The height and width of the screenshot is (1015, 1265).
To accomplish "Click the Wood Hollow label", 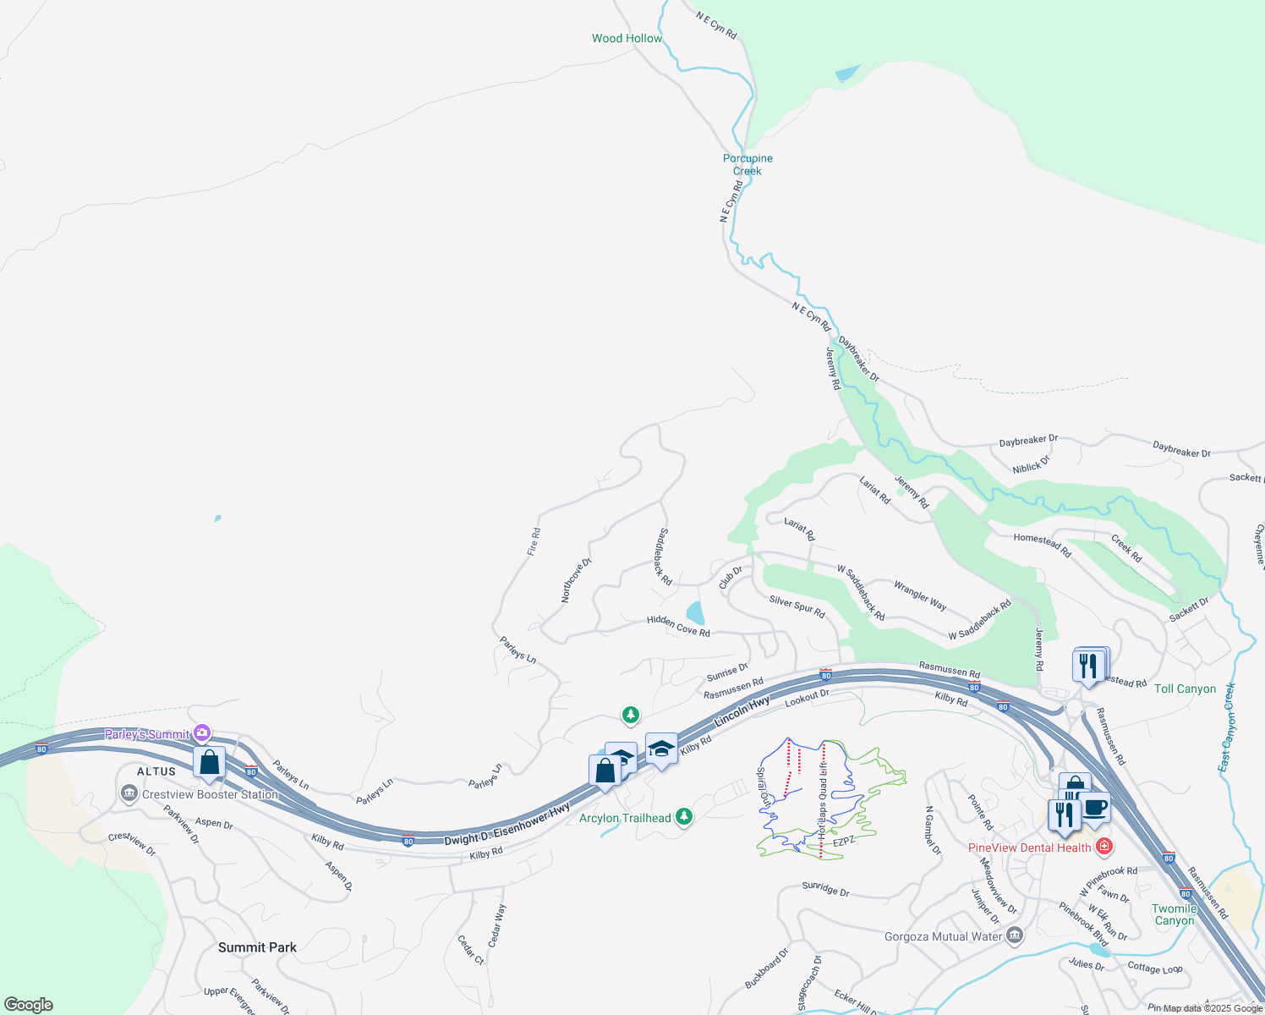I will [x=627, y=38].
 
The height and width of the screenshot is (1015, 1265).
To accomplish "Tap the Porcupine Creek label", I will [x=747, y=164].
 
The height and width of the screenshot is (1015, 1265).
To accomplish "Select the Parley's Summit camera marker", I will [x=202, y=732].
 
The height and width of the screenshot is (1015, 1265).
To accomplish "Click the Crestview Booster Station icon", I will [x=129, y=793].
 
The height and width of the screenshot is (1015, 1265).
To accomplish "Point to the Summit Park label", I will [x=257, y=947].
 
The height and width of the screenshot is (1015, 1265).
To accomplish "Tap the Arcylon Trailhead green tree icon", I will [x=684, y=817].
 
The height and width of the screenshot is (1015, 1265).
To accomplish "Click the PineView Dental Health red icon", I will [x=1103, y=846].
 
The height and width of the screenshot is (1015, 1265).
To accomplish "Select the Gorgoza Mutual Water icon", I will [x=1015, y=935].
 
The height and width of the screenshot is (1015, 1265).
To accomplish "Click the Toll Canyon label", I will [x=1185, y=689].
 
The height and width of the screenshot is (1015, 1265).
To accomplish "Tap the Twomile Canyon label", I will [x=1175, y=914].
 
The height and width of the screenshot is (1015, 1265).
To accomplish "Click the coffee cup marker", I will [x=1094, y=807].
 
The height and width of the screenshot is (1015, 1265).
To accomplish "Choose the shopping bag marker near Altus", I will [x=209, y=763].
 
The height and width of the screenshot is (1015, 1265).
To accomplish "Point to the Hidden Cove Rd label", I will [x=678, y=626].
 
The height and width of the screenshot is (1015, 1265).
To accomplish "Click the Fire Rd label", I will [x=534, y=541].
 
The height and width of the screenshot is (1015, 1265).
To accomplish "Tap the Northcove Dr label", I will [x=576, y=580].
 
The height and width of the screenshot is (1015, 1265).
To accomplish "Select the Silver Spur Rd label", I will [x=797, y=606].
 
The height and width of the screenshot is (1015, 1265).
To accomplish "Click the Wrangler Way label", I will [x=920, y=595].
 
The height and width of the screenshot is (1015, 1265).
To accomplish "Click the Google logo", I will [x=29, y=1005].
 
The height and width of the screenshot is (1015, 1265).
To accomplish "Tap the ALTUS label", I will [x=156, y=771].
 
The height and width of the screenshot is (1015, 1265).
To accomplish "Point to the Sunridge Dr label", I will [x=825, y=890].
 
